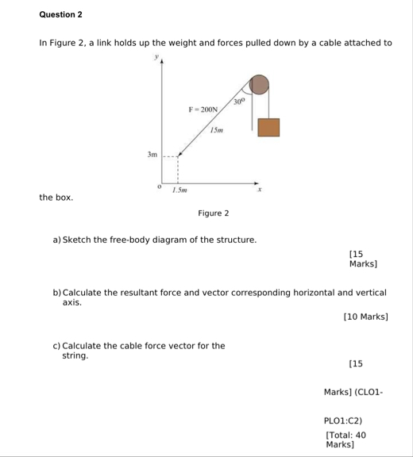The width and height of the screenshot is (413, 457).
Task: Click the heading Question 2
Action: pyautogui.click(x=60, y=15)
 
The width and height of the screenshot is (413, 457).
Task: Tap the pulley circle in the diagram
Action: pyautogui.click(x=259, y=84)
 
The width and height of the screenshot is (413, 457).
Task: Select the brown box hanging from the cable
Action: pyautogui.click(x=268, y=127)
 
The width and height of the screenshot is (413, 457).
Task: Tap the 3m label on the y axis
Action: pyautogui.click(x=152, y=156)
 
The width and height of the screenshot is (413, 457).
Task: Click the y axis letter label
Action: pyautogui.click(x=156, y=57)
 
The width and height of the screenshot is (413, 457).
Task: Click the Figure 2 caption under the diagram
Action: pyautogui.click(x=214, y=213)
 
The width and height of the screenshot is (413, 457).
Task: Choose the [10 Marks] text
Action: pyautogui.click(x=365, y=317)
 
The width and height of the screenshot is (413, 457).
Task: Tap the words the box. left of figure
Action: pyautogui.click(x=56, y=197)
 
